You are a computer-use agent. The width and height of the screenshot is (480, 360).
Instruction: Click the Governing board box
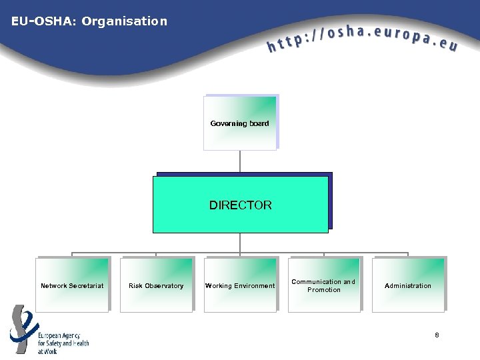(239, 123)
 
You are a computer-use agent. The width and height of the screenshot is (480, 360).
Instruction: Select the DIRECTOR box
(240, 204)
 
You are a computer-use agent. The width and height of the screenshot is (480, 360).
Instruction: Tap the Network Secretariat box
(72, 285)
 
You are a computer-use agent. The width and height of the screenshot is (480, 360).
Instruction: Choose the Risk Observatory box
(156, 285)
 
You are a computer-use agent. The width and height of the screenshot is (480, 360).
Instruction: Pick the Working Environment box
(240, 285)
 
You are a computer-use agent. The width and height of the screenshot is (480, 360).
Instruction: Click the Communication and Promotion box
(324, 285)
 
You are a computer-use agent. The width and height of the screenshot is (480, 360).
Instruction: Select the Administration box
(408, 285)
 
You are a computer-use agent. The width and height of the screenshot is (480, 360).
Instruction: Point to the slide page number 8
(437, 334)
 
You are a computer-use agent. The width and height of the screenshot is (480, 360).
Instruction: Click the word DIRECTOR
(241, 205)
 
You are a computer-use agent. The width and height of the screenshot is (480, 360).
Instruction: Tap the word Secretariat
(87, 286)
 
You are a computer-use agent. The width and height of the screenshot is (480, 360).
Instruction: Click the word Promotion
(324, 290)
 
